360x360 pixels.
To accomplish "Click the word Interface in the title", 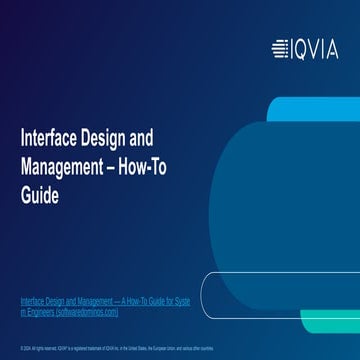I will [47, 139].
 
